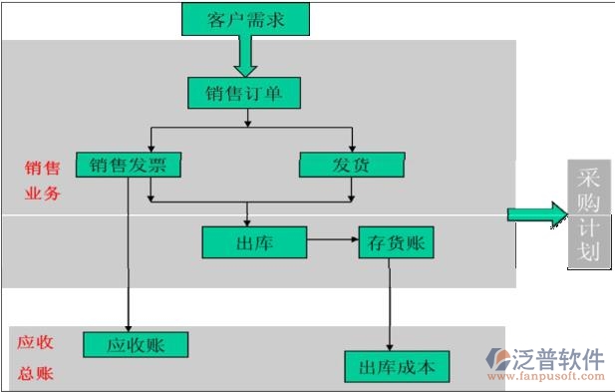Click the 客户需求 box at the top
point(244,20)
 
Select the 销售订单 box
point(244,94)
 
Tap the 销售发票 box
point(128,165)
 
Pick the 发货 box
point(352,165)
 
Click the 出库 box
point(253,241)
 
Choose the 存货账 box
point(397,242)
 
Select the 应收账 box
point(136,345)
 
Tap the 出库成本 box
point(397,366)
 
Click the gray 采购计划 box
point(588,213)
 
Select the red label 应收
point(35,342)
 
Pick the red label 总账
point(35,375)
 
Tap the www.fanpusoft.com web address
point(558,377)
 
